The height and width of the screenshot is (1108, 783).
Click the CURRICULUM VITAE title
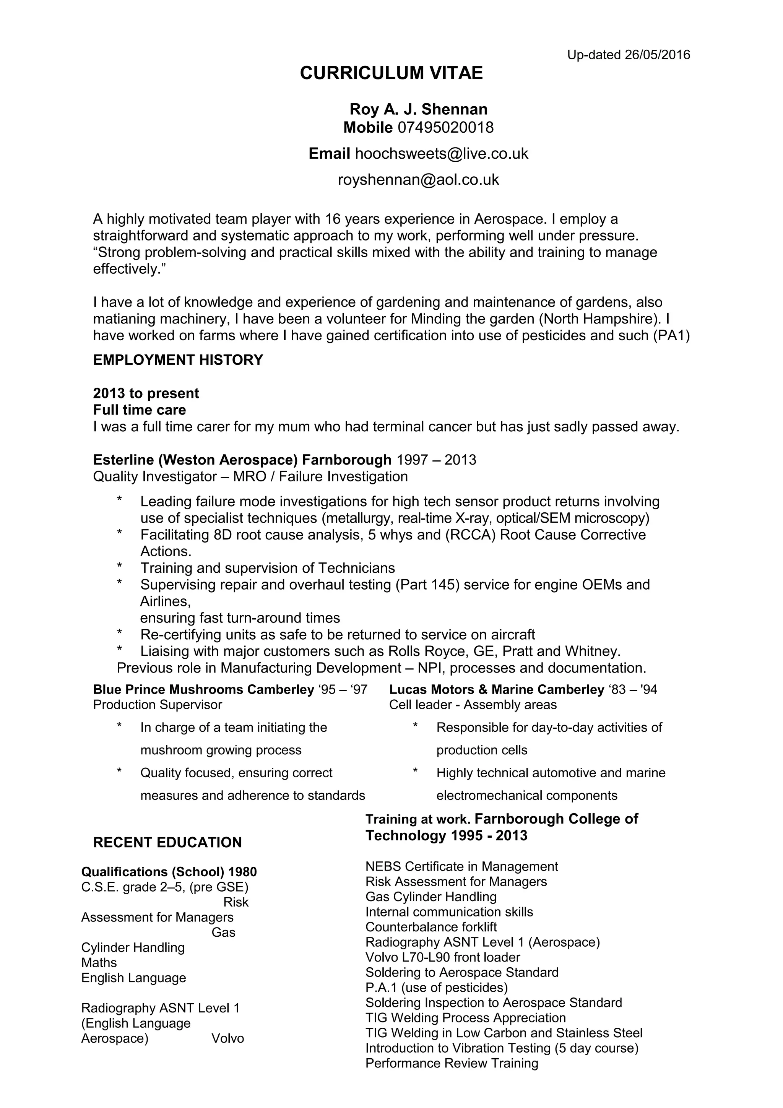(x=391, y=73)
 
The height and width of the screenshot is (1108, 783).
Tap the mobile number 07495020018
(x=445, y=127)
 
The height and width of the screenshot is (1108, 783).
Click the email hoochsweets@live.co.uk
(x=442, y=153)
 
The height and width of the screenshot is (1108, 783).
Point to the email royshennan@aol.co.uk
(x=418, y=180)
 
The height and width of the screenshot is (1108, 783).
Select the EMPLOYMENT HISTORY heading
(x=178, y=360)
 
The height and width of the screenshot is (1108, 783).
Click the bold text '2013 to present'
(x=146, y=393)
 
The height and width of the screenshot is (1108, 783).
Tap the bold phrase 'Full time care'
(x=140, y=410)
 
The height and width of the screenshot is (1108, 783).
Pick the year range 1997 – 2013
(x=436, y=460)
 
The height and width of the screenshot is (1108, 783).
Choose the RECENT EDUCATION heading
(x=167, y=843)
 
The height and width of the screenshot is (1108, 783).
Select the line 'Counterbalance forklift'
(x=431, y=927)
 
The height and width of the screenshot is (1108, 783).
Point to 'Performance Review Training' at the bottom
(x=452, y=1063)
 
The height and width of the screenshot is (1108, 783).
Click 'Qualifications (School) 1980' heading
(x=169, y=872)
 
